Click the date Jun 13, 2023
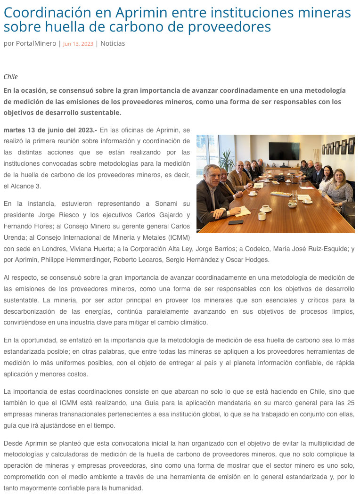pos(78,44)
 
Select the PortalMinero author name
pos(36,43)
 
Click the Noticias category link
pos(113,43)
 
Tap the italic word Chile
pos(10,77)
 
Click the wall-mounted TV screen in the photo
pos(284,151)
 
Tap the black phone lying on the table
pos(236,222)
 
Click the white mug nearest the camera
pos(262,216)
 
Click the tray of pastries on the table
pos(281,193)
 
